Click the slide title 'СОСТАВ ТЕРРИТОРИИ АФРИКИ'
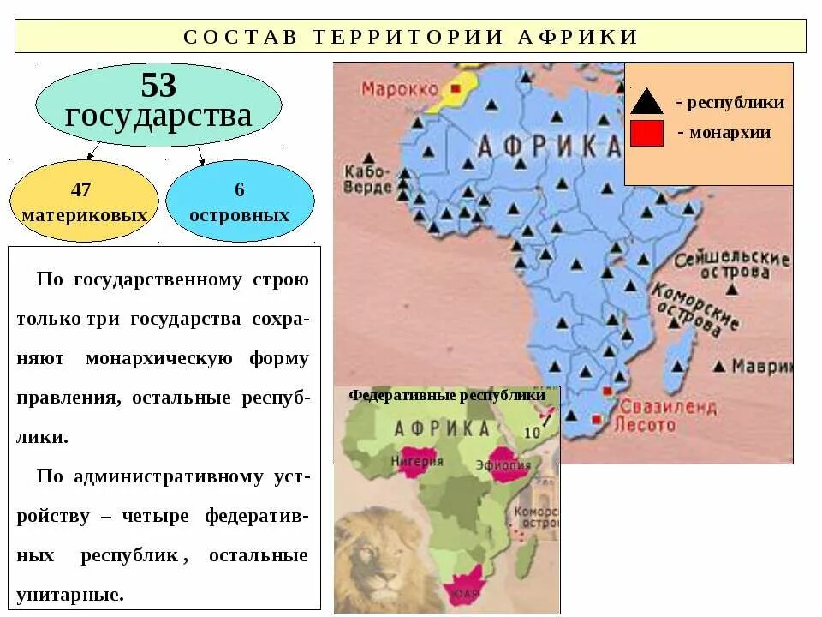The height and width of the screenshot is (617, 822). (x=411, y=36)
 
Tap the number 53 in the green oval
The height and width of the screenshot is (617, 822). (x=158, y=86)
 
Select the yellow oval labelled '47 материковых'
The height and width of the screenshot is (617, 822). (x=84, y=201)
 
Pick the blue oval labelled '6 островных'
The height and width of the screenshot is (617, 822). (x=240, y=201)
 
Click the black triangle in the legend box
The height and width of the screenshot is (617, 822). (x=647, y=101)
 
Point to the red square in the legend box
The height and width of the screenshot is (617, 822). (x=647, y=134)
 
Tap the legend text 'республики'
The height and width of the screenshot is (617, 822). (x=736, y=103)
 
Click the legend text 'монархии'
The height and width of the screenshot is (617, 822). (x=730, y=133)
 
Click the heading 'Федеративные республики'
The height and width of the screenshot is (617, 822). (x=447, y=396)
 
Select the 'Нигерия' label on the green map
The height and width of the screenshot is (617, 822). (x=417, y=461)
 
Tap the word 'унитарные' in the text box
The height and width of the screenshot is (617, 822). (x=70, y=594)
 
